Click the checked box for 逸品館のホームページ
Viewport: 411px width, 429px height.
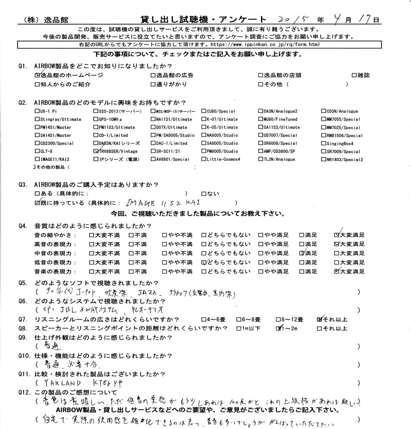37,75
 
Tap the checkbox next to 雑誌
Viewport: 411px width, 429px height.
354,75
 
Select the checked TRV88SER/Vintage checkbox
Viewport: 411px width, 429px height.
96,151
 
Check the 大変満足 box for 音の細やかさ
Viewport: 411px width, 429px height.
337,235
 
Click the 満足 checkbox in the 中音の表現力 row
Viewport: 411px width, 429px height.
302,253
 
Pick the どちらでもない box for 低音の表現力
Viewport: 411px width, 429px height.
204,262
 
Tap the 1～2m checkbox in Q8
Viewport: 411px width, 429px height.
279,328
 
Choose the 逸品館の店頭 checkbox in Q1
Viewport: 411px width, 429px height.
261,75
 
